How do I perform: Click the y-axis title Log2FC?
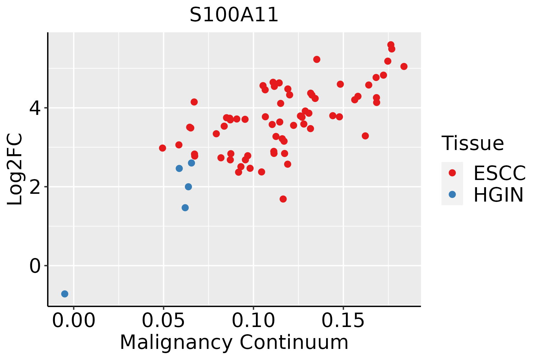point(15,169)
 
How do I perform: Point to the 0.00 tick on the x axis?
point(74,321)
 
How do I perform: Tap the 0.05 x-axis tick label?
point(163,321)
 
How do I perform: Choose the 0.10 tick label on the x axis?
point(253,321)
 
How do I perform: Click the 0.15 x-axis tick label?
point(343,321)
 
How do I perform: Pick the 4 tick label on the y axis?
point(35,108)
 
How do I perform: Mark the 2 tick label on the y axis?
point(35,187)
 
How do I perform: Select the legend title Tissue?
point(473,143)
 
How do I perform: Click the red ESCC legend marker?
point(452,173)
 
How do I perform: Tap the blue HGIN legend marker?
point(452,194)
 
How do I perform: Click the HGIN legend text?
point(499,195)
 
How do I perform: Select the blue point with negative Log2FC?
point(65,294)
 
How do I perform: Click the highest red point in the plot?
point(391,45)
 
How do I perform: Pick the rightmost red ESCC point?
point(404,66)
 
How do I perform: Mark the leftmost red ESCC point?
point(163,148)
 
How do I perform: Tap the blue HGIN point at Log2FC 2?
point(188,187)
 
